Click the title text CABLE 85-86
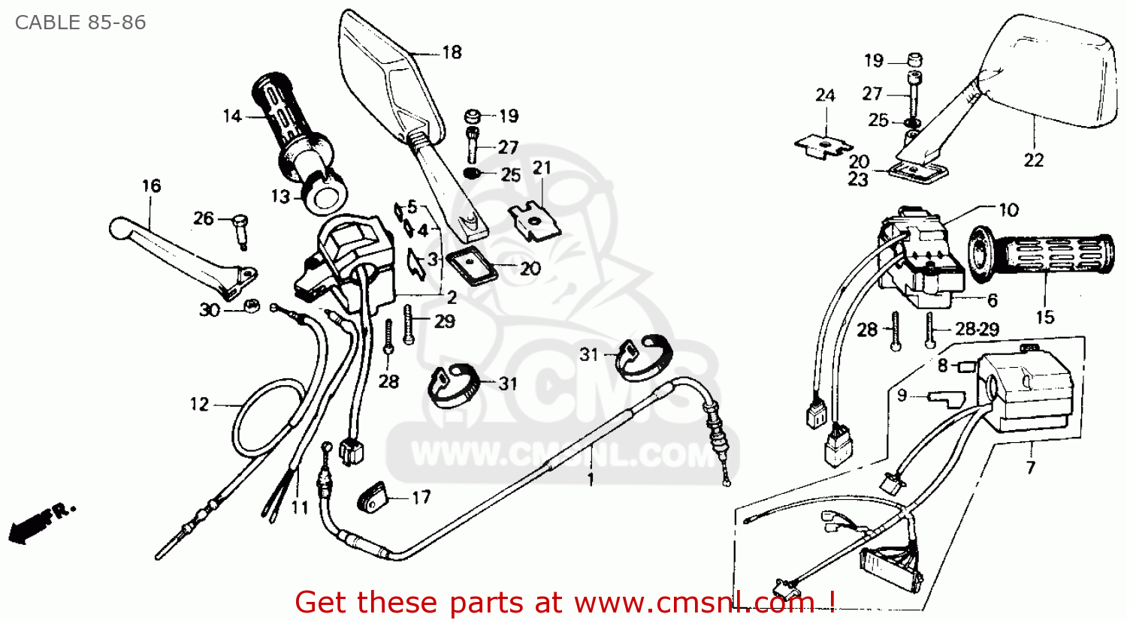80,23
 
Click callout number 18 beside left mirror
452,53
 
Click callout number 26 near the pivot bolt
204,218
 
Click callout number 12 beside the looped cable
199,405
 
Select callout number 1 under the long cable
591,479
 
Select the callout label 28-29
977,329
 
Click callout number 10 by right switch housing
1008,210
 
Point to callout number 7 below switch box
1031,467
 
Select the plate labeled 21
535,221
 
